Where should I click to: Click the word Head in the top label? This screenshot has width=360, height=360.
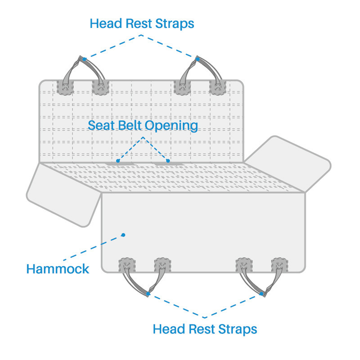point(103,23)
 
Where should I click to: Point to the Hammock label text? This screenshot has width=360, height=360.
point(58,269)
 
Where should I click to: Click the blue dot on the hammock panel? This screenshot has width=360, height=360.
point(124,235)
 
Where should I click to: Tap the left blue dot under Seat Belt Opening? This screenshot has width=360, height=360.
point(118,160)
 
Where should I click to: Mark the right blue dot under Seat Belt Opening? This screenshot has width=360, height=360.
point(167,160)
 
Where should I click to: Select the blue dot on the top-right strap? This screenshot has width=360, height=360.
point(198,59)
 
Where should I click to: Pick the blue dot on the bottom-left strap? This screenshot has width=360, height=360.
point(148,294)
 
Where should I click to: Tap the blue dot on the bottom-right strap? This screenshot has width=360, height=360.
point(261,294)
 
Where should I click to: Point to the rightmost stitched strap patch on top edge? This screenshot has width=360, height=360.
point(218,88)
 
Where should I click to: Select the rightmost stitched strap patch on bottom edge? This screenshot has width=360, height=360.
point(279,265)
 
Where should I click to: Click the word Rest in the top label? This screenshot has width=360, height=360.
point(139,23)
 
